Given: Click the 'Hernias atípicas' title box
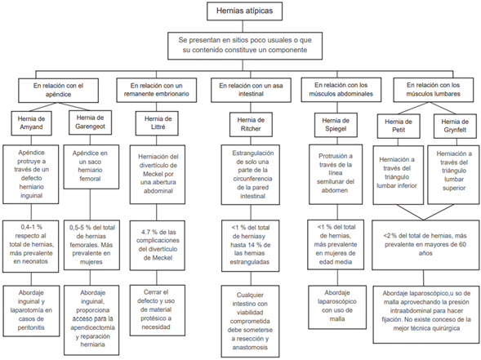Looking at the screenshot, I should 240,11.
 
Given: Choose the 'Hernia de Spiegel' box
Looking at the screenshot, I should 336,124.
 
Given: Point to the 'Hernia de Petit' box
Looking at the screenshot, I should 399,124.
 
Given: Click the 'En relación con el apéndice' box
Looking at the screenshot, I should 59,88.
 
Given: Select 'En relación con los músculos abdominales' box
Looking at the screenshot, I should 336,88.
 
